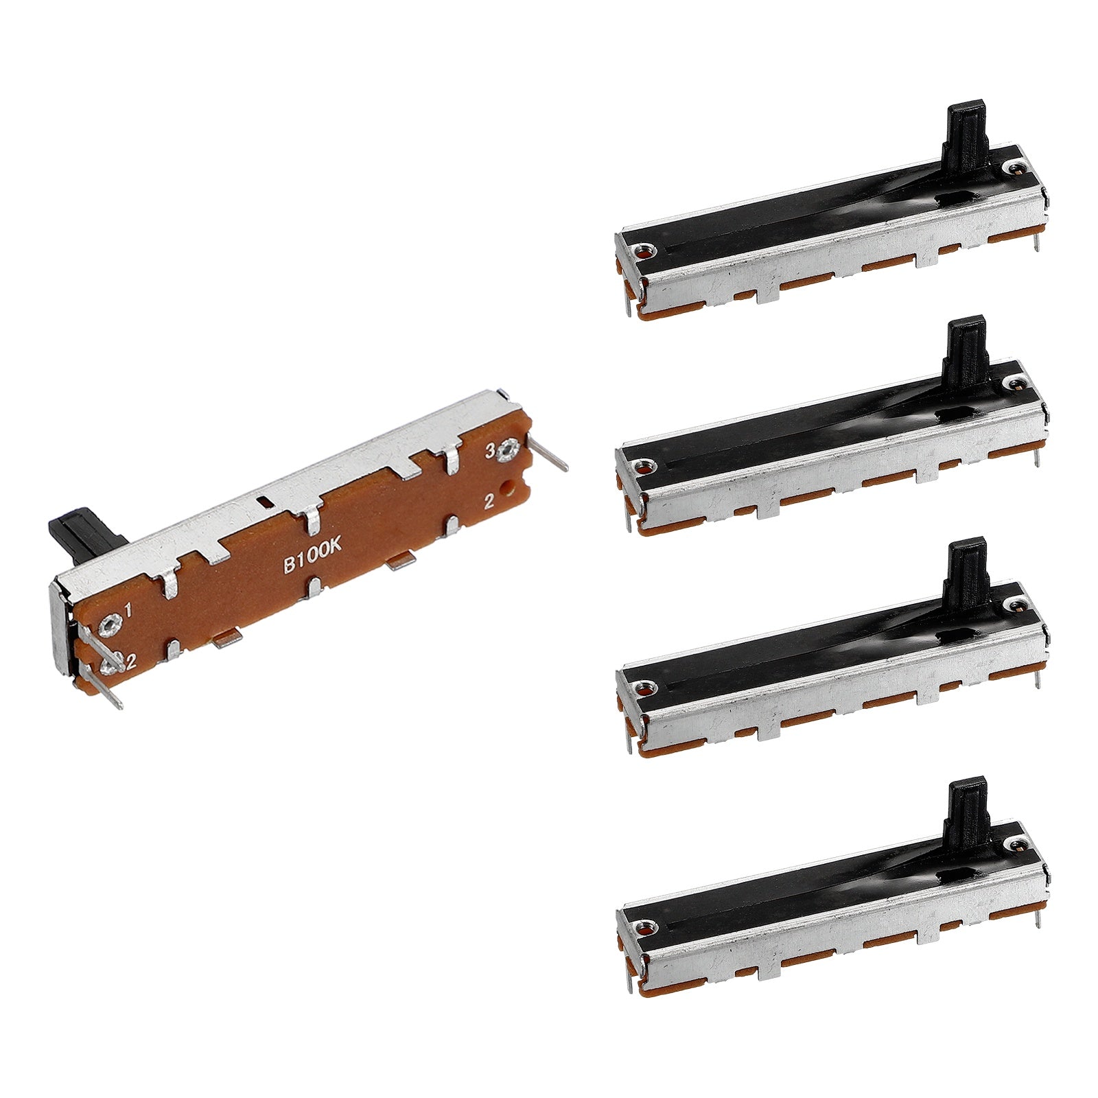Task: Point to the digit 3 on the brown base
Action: tap(491, 451)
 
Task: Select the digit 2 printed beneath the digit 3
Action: tap(489, 501)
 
